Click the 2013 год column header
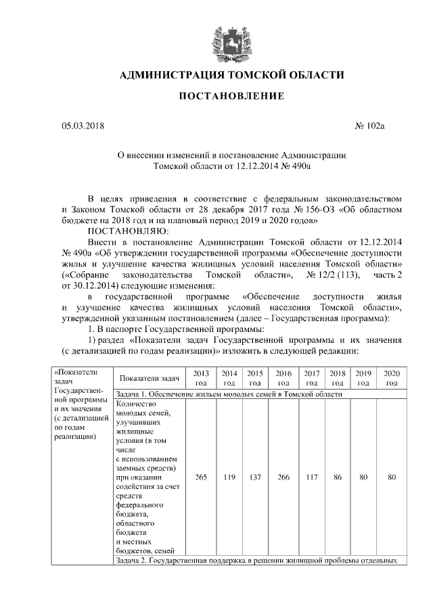pyautogui.click(x=200, y=378)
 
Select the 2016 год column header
pyautogui.click(x=283, y=378)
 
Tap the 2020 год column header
pyautogui.click(x=391, y=378)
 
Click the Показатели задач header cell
pyautogui.click(x=147, y=378)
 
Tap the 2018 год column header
pyautogui.click(x=337, y=378)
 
